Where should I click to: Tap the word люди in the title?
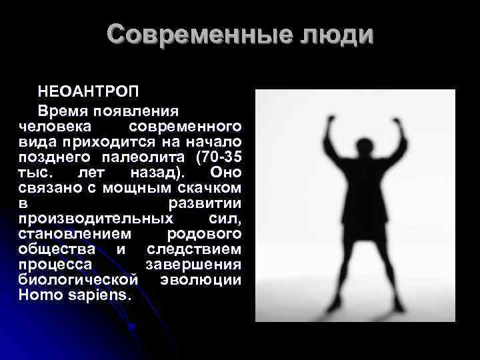coord(335,35)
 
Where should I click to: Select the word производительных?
coord(97,217)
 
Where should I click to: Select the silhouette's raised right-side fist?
coord(400,125)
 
